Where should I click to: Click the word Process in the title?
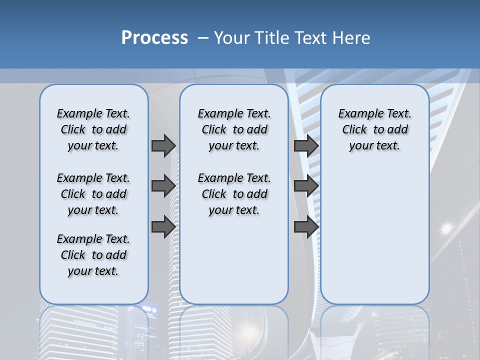coord(154,37)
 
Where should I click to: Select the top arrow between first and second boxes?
coord(163,145)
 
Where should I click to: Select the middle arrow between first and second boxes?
coord(163,186)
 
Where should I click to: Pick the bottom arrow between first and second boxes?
coord(163,227)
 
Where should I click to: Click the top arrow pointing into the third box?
coord(306,145)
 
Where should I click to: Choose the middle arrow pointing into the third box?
coord(306,186)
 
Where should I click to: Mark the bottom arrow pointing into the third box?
coord(306,227)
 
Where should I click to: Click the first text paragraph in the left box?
coord(93,129)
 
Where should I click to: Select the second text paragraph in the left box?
coord(93,194)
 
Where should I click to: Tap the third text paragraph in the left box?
coord(93,255)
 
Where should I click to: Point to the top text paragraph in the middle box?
coord(234,129)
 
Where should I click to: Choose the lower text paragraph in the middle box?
coord(234,194)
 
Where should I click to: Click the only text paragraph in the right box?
coord(374,129)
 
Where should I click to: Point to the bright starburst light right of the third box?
coord(446,228)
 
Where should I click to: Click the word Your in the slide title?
coord(231,37)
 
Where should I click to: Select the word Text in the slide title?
coord(311,37)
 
